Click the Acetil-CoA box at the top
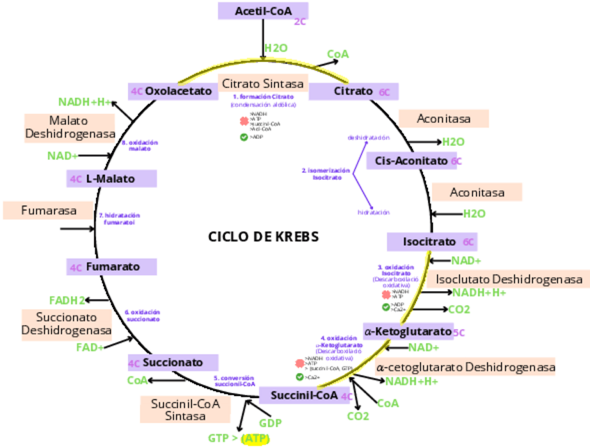(x=262, y=11)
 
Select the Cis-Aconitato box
(x=411, y=161)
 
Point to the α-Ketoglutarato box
(x=408, y=331)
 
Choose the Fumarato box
(x=112, y=267)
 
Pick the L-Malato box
(x=111, y=179)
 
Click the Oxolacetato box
(x=177, y=91)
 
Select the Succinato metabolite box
(x=173, y=363)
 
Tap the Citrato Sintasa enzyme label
(x=263, y=83)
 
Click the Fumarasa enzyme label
(x=49, y=210)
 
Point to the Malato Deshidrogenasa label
(x=70, y=127)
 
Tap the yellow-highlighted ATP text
(x=255, y=439)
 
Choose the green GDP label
(x=270, y=423)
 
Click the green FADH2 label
(x=67, y=300)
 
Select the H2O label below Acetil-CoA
(x=276, y=49)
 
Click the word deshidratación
(x=369, y=138)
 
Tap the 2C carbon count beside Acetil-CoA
(x=300, y=22)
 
